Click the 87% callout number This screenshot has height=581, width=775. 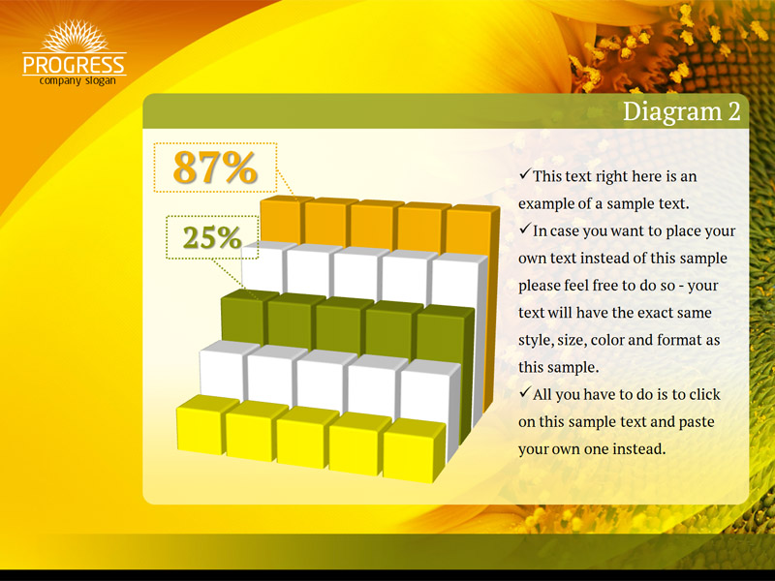[x=215, y=168]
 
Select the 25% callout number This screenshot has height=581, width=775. [x=212, y=237]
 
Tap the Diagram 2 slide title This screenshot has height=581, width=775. [x=682, y=111]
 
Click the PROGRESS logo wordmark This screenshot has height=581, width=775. [x=75, y=65]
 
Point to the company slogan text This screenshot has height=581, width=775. [x=77, y=80]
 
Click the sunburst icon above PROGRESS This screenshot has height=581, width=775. [x=75, y=36]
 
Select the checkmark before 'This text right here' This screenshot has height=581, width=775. [x=524, y=174]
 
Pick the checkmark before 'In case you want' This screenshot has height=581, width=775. [x=524, y=229]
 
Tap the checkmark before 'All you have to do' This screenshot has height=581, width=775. [x=524, y=393]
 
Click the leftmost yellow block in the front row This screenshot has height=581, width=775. [x=202, y=425]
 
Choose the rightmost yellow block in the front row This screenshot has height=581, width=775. [x=414, y=450]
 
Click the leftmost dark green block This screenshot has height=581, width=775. [x=244, y=317]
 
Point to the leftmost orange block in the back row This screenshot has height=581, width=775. [x=282, y=219]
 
